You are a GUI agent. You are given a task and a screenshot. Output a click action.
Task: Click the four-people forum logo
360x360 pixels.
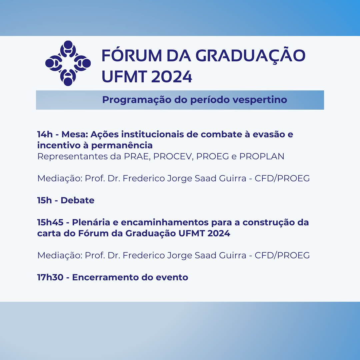tap(68, 63)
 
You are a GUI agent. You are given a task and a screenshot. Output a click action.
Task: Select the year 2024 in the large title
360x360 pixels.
tap(172, 76)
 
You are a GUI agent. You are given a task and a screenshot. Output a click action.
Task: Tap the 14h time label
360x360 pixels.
tap(45, 134)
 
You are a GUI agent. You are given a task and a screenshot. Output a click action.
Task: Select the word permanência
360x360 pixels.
tap(122, 145)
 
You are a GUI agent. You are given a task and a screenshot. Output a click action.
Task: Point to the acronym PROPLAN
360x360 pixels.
tap(262, 156)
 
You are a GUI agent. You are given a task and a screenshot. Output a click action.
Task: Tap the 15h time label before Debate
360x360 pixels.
tap(45, 200)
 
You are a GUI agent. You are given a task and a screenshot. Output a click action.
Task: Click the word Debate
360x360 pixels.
tap(77, 200)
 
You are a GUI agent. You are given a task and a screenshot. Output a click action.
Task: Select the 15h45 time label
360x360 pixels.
tap(50, 222)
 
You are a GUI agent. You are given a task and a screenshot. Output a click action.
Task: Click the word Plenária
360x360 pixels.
tap(91, 222)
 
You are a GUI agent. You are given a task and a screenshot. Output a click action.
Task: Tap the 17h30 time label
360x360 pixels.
tap(50, 277)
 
